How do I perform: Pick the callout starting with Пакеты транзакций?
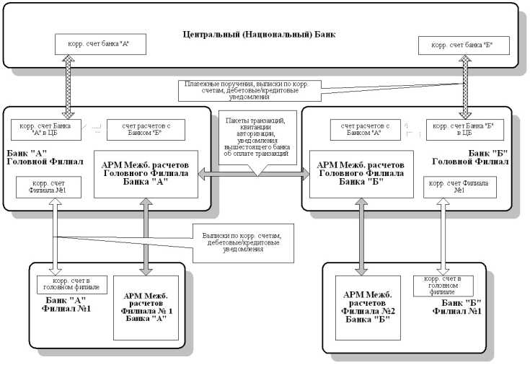tap(257, 133)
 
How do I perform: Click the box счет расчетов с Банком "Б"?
tap(146, 129)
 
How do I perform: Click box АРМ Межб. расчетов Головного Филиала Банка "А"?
tap(146, 174)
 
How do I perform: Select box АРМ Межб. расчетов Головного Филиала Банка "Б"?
tap(361, 174)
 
